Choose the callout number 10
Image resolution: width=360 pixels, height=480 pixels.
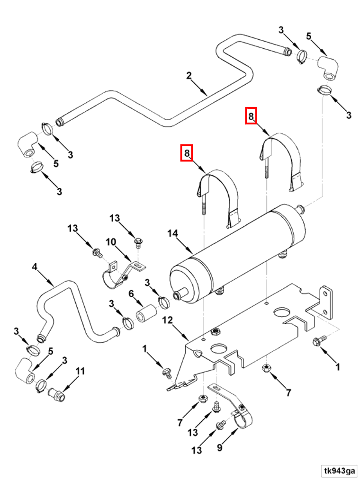(110, 242)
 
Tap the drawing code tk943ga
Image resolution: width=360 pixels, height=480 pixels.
(340, 471)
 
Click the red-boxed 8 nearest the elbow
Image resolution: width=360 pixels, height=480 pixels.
(251, 116)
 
